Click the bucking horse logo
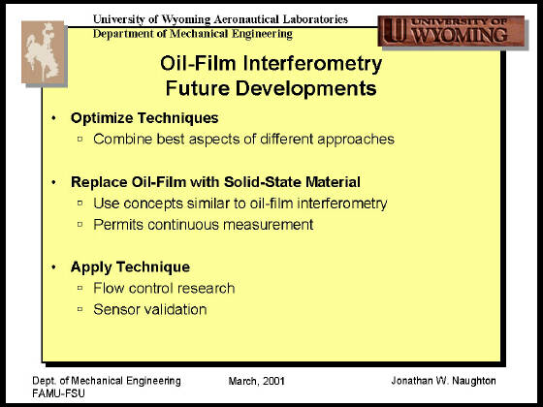coord(44,52)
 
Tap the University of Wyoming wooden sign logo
coord(451,31)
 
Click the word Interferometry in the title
coord(312,64)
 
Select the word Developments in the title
coord(305,88)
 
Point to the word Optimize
coord(102,118)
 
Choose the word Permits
coord(117,225)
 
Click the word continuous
coord(183,225)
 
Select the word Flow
coord(109,288)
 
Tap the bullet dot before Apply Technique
coord(53,267)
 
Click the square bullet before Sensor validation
coord(80,309)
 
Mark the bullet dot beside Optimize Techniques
coord(53,118)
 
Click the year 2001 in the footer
coord(273,381)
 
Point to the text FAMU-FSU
coord(58,393)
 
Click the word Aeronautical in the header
coord(246,19)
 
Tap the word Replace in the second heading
coord(99,182)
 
